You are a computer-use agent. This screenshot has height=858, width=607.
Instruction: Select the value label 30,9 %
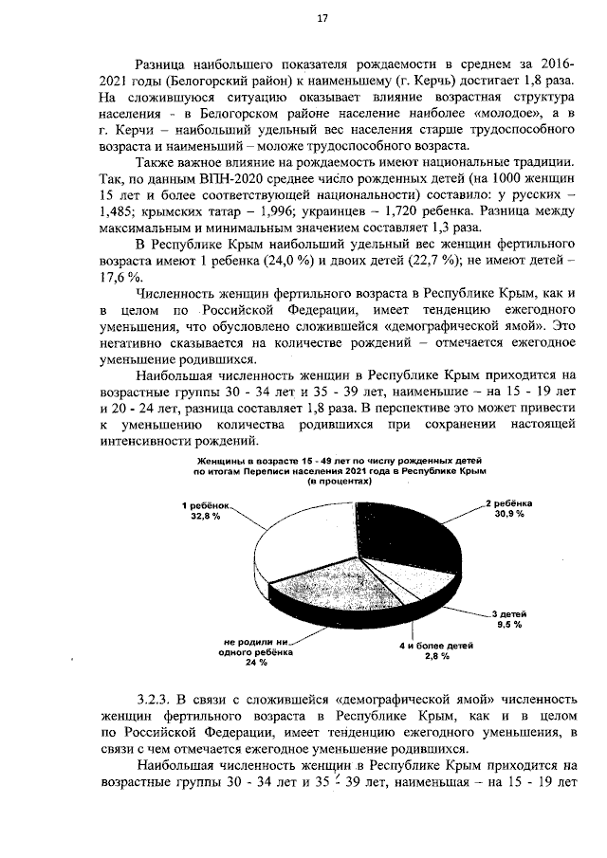(508, 514)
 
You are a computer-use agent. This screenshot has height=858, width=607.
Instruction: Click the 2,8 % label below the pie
(436, 656)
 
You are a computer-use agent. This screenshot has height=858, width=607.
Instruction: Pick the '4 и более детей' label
(436, 645)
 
